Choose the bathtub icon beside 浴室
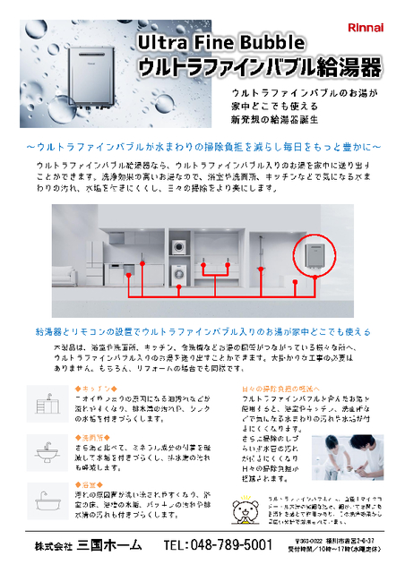(46, 498)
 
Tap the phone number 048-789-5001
(218, 545)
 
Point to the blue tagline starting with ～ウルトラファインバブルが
(202, 146)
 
